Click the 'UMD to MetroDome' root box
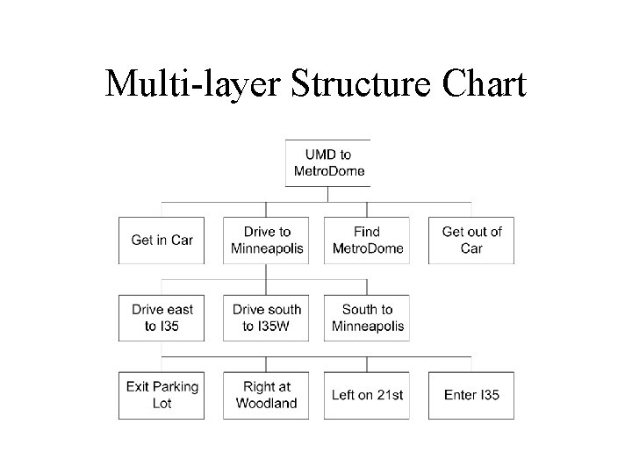(x=327, y=162)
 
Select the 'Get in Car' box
(x=162, y=240)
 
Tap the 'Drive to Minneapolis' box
(x=267, y=240)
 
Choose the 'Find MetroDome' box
(x=368, y=240)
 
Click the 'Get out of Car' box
(x=471, y=240)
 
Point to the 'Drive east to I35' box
(x=162, y=318)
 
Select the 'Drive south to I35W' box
(x=267, y=318)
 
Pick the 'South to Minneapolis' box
(x=368, y=318)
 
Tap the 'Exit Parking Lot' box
(x=162, y=395)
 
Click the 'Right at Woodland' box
(x=267, y=395)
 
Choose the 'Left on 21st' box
(x=368, y=395)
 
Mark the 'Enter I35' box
(x=471, y=395)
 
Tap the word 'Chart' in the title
(x=483, y=85)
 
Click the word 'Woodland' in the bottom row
(x=267, y=404)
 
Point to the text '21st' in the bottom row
(x=388, y=395)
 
